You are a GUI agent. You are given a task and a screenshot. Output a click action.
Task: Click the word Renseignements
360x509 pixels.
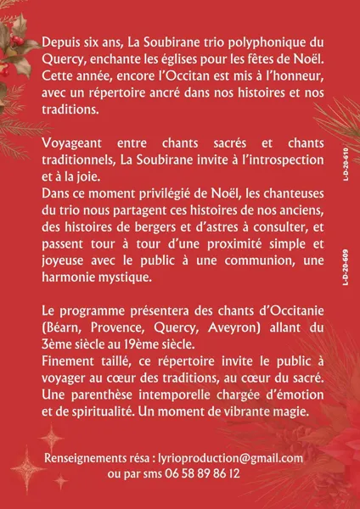92,459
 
